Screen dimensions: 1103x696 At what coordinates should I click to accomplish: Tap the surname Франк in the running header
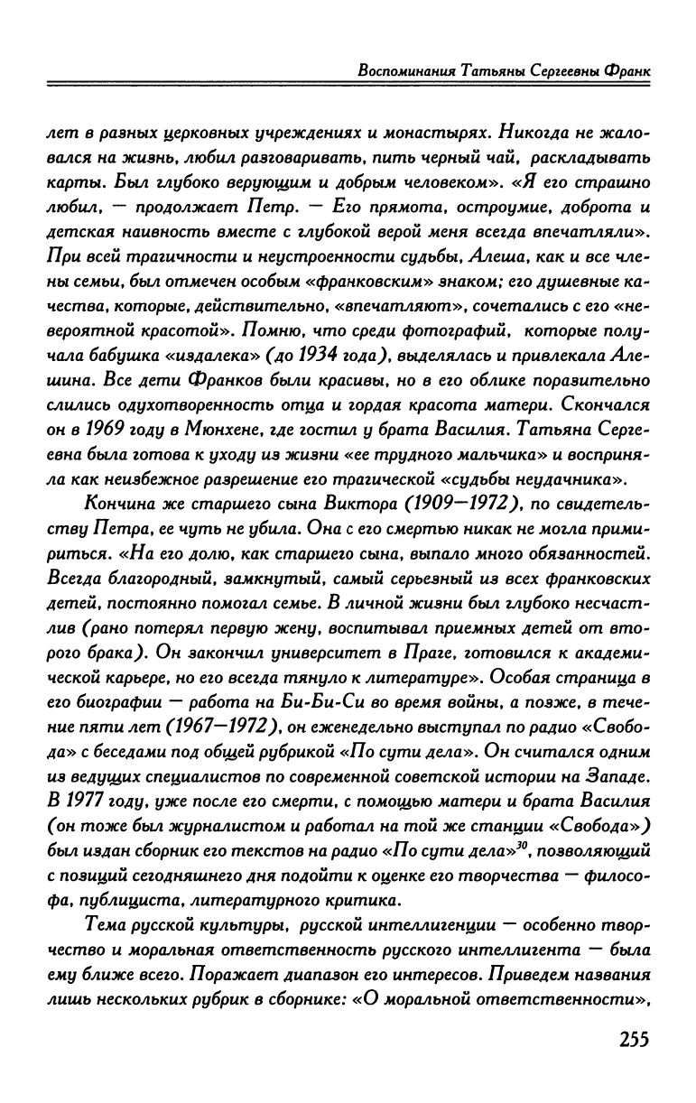coord(626,70)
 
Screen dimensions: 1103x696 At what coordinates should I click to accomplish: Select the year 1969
coord(107,430)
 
